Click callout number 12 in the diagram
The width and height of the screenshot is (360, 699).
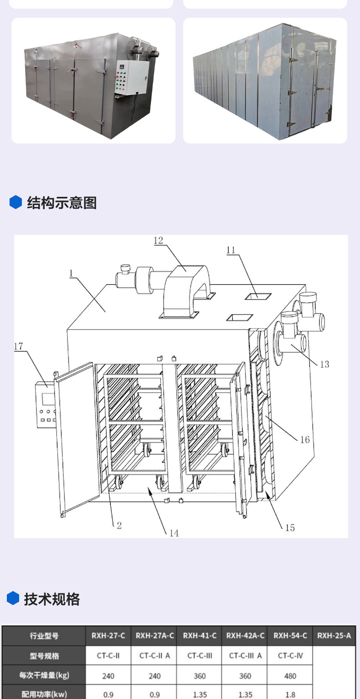pos(158,240)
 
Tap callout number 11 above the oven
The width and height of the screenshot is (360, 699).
pos(231,250)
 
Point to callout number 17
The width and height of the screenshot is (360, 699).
pos(19,346)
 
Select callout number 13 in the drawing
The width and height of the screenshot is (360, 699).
pos(324,364)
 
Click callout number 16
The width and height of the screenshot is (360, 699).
pos(305,440)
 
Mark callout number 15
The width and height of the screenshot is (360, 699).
pos(290,528)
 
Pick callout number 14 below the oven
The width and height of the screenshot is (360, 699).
pos(174,533)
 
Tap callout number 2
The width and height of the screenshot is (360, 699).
pos(119,525)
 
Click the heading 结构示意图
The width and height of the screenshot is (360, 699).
pos(62,203)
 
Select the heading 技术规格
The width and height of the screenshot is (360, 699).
pos(52,599)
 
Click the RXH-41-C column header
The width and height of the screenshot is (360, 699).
pos(200,636)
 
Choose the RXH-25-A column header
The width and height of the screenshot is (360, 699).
pos(334,636)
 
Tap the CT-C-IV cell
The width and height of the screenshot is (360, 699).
pos(290,656)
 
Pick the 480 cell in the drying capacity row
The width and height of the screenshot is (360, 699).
pos(290,676)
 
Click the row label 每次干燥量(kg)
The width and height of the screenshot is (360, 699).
pos(44,675)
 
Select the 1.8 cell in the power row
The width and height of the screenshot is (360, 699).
pos(290,694)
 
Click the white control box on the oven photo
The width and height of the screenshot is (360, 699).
pos(131,77)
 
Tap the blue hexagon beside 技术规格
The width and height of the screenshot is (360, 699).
pos(13,598)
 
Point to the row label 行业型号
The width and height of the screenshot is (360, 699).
pos(44,636)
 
